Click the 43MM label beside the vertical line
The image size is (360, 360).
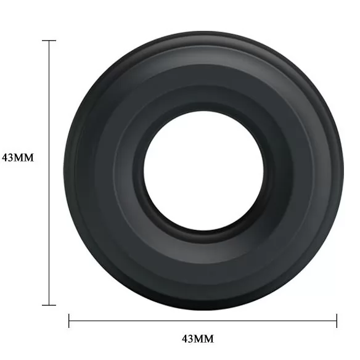pyautogui.click(x=18, y=158)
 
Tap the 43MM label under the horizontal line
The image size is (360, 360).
pyautogui.click(x=198, y=339)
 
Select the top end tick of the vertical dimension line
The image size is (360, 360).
pyautogui.click(x=49, y=41)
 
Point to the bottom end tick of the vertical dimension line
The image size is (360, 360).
pyautogui.click(x=49, y=305)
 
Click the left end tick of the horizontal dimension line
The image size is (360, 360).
pyautogui.click(x=69, y=321)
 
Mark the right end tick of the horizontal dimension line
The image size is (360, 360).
pyautogui.click(x=337, y=321)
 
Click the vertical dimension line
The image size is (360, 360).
pyautogui.click(x=49, y=173)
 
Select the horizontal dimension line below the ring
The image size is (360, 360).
pyautogui.click(x=203, y=321)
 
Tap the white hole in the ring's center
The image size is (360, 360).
pyautogui.click(x=203, y=171)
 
